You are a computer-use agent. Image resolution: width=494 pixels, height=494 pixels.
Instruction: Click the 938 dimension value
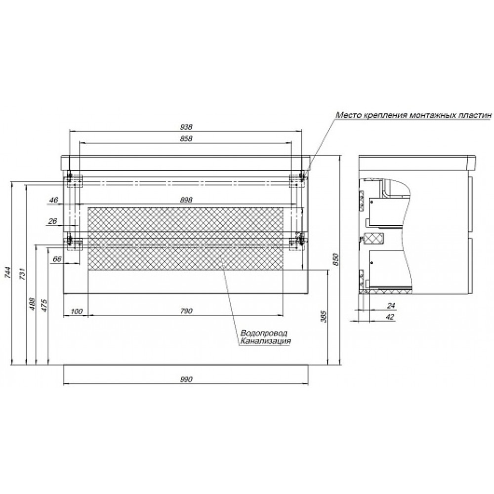(x=186, y=127)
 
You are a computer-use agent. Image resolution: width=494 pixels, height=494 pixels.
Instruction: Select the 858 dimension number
(x=186, y=138)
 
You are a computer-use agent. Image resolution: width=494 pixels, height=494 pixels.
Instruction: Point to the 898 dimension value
(x=186, y=200)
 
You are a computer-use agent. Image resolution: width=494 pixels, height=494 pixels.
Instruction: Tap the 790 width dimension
(x=186, y=311)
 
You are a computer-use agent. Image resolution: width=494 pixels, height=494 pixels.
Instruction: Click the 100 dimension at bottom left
(x=76, y=311)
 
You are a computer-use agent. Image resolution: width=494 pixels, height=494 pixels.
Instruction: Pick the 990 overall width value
(x=186, y=379)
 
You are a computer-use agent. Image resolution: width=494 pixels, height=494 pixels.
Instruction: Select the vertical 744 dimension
(x=8, y=272)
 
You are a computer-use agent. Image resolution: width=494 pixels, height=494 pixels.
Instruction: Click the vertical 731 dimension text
(x=23, y=274)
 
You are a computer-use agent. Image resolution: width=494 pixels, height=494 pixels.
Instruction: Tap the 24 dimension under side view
(x=391, y=305)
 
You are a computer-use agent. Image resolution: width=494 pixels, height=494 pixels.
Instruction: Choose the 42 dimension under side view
(x=390, y=317)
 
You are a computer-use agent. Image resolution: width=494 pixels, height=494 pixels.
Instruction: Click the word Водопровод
(x=264, y=333)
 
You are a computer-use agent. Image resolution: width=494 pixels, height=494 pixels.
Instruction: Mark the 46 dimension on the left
(x=54, y=200)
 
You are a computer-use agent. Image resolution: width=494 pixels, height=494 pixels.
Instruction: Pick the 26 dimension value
(x=52, y=221)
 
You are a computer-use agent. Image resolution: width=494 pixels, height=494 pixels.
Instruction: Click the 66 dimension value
(x=57, y=259)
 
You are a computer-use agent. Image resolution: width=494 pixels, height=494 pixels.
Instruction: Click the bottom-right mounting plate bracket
(x=296, y=243)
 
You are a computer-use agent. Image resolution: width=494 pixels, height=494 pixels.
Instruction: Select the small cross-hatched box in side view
(x=373, y=239)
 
